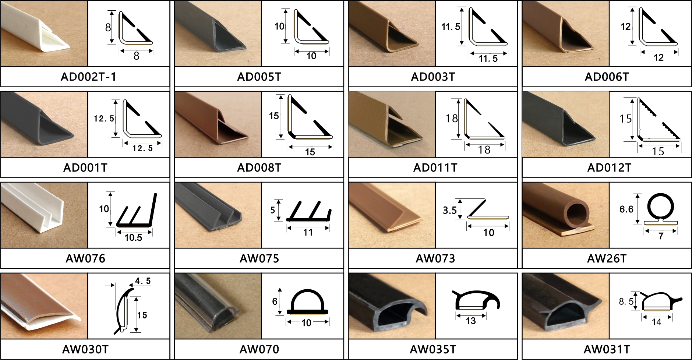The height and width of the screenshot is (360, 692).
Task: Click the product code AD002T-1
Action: (x=88, y=77)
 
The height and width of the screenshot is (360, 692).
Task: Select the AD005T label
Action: (x=259, y=77)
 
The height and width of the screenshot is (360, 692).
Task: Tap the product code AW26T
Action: (x=607, y=258)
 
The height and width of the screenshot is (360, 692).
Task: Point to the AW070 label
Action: (x=259, y=349)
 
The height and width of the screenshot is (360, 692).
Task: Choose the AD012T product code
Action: (x=609, y=167)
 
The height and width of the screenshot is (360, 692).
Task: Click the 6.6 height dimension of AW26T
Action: (x=626, y=209)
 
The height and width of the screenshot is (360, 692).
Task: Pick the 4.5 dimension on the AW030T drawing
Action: (x=143, y=281)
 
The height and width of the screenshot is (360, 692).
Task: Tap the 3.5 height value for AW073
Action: (x=449, y=210)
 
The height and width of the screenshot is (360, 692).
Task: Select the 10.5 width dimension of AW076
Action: (x=133, y=237)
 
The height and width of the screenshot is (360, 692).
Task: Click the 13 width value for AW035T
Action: (x=471, y=321)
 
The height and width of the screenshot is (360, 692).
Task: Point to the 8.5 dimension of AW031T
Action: (x=626, y=302)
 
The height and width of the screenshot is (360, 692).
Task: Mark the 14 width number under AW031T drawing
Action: (x=656, y=322)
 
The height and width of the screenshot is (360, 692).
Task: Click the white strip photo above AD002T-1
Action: (x=44, y=33)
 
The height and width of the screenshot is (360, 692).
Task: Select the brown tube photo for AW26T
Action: (x=566, y=215)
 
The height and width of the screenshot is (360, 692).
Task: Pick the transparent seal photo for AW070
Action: (x=218, y=306)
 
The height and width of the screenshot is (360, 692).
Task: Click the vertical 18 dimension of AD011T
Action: (x=452, y=118)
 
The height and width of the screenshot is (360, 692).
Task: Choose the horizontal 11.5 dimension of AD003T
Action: (x=488, y=58)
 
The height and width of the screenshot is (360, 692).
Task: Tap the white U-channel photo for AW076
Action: (x=44, y=215)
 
